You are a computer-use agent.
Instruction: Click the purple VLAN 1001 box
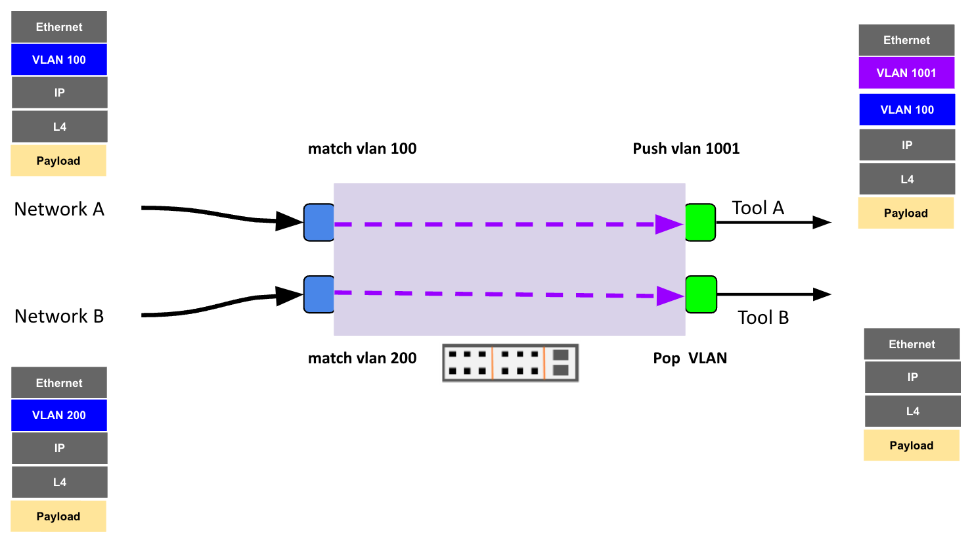[x=906, y=73]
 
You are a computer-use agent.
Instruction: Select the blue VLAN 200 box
[x=59, y=415]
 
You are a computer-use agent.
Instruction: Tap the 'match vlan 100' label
[x=362, y=148]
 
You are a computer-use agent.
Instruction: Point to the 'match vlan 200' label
[x=362, y=358]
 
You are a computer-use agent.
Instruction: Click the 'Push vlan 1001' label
[x=686, y=148]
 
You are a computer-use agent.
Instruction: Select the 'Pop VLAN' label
[x=690, y=358]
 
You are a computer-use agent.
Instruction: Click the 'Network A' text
[x=59, y=209]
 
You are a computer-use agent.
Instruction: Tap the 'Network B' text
[x=59, y=316]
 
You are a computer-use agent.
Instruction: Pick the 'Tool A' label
[x=758, y=208]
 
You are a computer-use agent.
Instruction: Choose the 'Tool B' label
[x=762, y=317]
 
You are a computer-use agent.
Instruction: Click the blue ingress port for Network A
[x=319, y=223]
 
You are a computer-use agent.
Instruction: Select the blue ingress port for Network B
[x=319, y=294]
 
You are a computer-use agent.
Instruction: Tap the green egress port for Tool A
[x=700, y=223]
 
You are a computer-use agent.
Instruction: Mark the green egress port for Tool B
[x=701, y=294]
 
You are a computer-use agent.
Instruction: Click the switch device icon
[x=510, y=363]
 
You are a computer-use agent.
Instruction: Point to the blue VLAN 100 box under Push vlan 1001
[x=907, y=110]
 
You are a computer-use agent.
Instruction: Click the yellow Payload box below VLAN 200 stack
[x=58, y=516]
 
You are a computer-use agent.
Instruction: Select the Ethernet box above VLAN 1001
[x=906, y=40]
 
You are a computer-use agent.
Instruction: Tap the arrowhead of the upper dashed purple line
[x=669, y=224]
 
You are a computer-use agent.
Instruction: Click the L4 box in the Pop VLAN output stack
[x=912, y=411]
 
